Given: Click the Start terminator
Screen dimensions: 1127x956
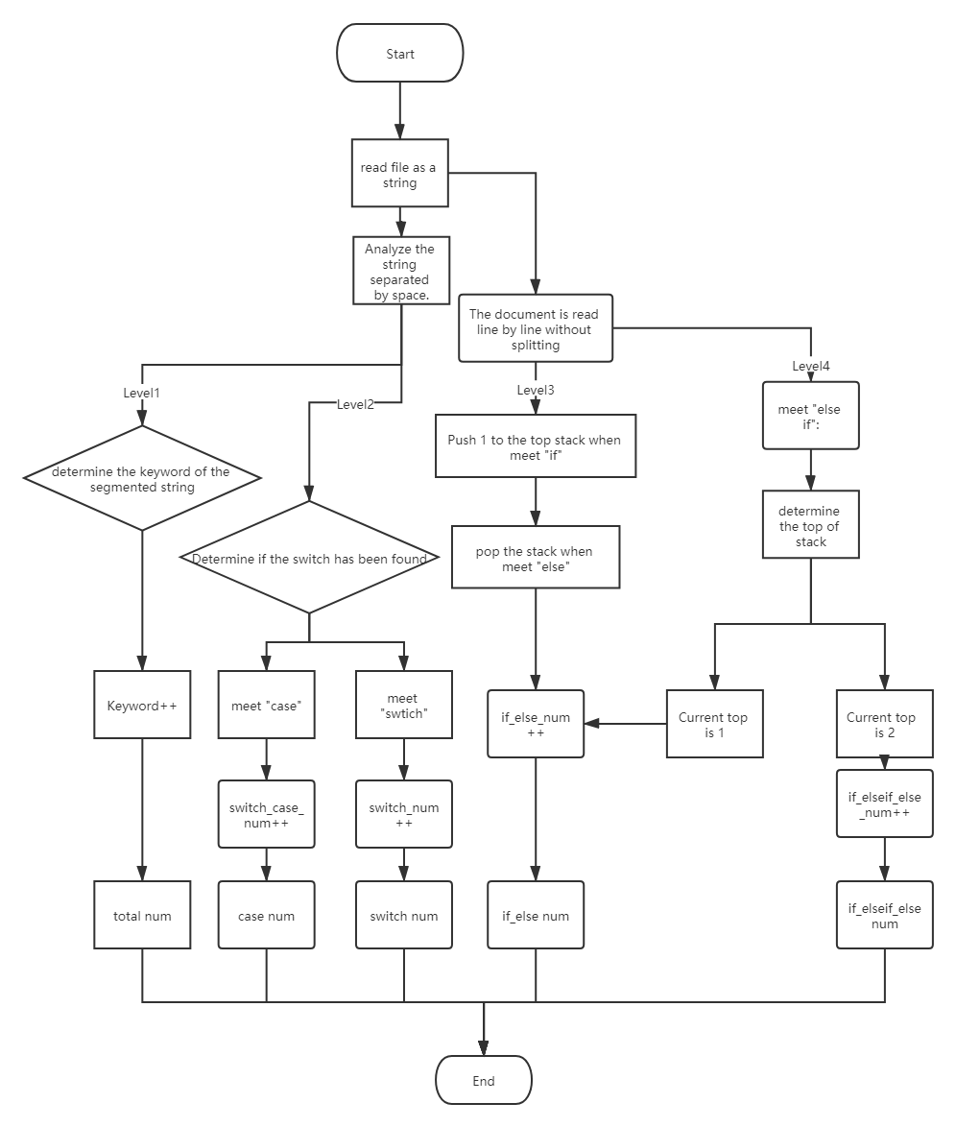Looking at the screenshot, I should click(x=400, y=54).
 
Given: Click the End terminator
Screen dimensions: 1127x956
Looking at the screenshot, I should click(x=483, y=1080).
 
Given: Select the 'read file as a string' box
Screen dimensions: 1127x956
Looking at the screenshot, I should click(x=399, y=175).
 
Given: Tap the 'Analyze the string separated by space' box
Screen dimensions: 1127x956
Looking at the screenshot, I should click(x=400, y=272).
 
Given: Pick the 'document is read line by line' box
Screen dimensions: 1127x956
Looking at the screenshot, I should click(x=535, y=328).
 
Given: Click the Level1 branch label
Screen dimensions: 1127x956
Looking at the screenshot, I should click(x=142, y=392).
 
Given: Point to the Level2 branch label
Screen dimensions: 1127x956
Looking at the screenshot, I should click(x=355, y=404).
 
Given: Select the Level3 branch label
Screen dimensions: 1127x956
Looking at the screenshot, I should click(x=536, y=390).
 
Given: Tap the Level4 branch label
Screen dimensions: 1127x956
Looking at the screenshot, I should click(x=811, y=366).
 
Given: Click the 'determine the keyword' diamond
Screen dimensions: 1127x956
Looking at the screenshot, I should click(x=141, y=478).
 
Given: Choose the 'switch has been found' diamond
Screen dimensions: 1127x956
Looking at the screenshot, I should click(x=309, y=558).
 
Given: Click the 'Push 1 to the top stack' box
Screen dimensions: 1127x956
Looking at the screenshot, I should click(x=535, y=446).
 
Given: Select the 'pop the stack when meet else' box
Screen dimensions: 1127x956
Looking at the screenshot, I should click(x=535, y=559).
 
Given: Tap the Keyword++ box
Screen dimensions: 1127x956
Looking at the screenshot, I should click(x=142, y=705).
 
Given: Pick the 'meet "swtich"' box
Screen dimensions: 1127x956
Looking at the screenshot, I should click(x=403, y=705).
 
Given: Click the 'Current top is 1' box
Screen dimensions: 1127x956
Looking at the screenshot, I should click(x=714, y=724).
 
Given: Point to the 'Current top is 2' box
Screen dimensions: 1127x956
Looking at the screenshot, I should click(x=883, y=724).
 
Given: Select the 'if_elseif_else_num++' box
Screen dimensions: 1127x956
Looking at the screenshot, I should click(x=884, y=804).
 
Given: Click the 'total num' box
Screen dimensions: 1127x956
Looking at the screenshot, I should click(x=142, y=915).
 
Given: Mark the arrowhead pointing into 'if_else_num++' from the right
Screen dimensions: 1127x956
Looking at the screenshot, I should click(x=591, y=724).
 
